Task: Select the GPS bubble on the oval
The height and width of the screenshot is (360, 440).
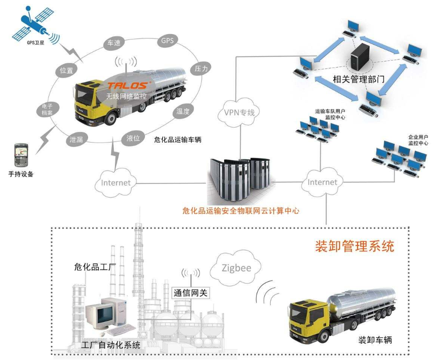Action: pyautogui.click(x=167, y=40)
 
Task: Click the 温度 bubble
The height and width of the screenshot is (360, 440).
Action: pyautogui.click(x=183, y=111)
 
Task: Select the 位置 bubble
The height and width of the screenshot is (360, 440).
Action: pyautogui.click(x=66, y=71)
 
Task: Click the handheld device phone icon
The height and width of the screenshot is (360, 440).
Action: pyautogui.click(x=21, y=155)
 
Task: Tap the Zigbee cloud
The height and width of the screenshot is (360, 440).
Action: pyautogui.click(x=235, y=268)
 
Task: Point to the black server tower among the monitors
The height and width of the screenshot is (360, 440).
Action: pyautogui.click(x=360, y=56)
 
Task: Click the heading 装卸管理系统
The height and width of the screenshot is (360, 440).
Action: pyautogui.click(x=355, y=246)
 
